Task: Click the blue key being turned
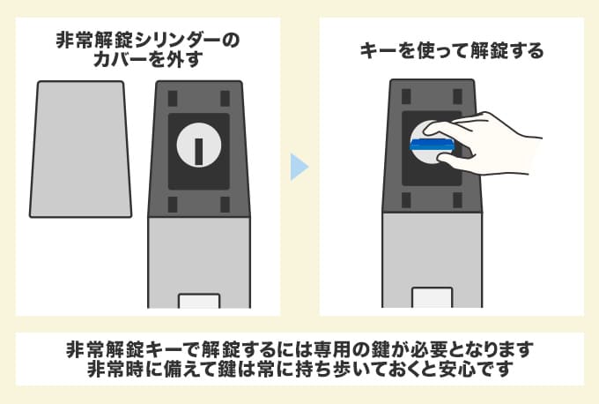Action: coord(433,143)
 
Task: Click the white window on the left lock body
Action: coord(199,300)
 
